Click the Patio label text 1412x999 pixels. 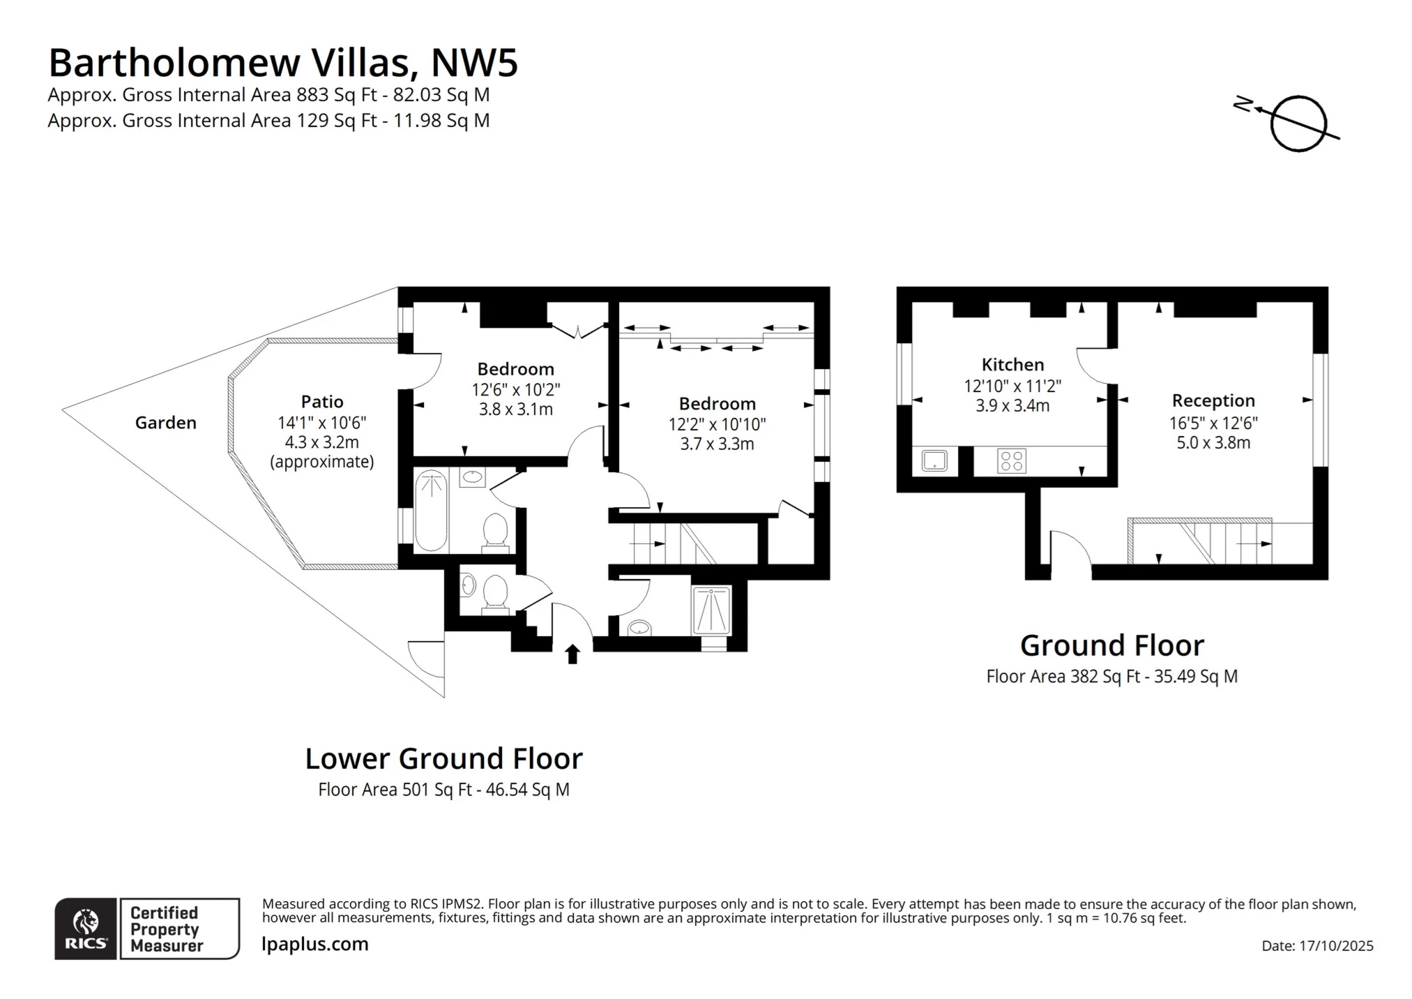click(321, 402)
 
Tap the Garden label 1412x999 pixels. click(165, 423)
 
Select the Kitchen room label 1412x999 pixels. click(1012, 365)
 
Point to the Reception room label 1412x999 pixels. click(1213, 401)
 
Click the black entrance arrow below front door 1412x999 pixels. click(572, 654)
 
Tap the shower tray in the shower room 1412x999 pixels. click(711, 610)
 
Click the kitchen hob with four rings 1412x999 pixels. click(1011, 461)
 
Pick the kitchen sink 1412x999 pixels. click(934, 461)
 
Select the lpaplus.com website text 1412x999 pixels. click(315, 945)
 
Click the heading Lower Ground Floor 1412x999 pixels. click(443, 759)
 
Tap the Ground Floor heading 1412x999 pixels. click(1111, 646)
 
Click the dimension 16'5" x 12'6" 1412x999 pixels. click(1213, 423)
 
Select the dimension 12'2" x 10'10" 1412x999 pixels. click(717, 424)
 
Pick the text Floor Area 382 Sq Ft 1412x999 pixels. click(1063, 677)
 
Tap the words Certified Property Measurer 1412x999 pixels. click(166, 929)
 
